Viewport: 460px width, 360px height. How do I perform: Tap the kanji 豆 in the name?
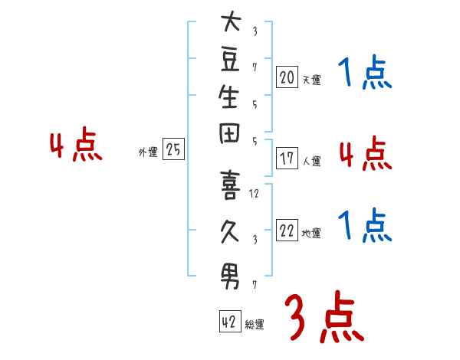tap(230, 67)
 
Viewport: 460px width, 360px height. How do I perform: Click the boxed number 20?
tap(287, 77)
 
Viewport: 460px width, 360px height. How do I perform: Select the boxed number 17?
tap(287, 159)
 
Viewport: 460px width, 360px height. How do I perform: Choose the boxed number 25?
tap(174, 150)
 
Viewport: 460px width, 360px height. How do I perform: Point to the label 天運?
tap(311, 80)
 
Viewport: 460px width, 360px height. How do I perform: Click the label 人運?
tap(311, 162)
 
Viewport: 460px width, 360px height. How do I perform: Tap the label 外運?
tap(148, 152)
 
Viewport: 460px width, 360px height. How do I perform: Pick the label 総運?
tap(255, 325)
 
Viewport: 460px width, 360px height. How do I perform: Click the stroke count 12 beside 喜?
tap(255, 193)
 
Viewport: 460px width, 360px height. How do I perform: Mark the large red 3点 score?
tap(323, 318)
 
